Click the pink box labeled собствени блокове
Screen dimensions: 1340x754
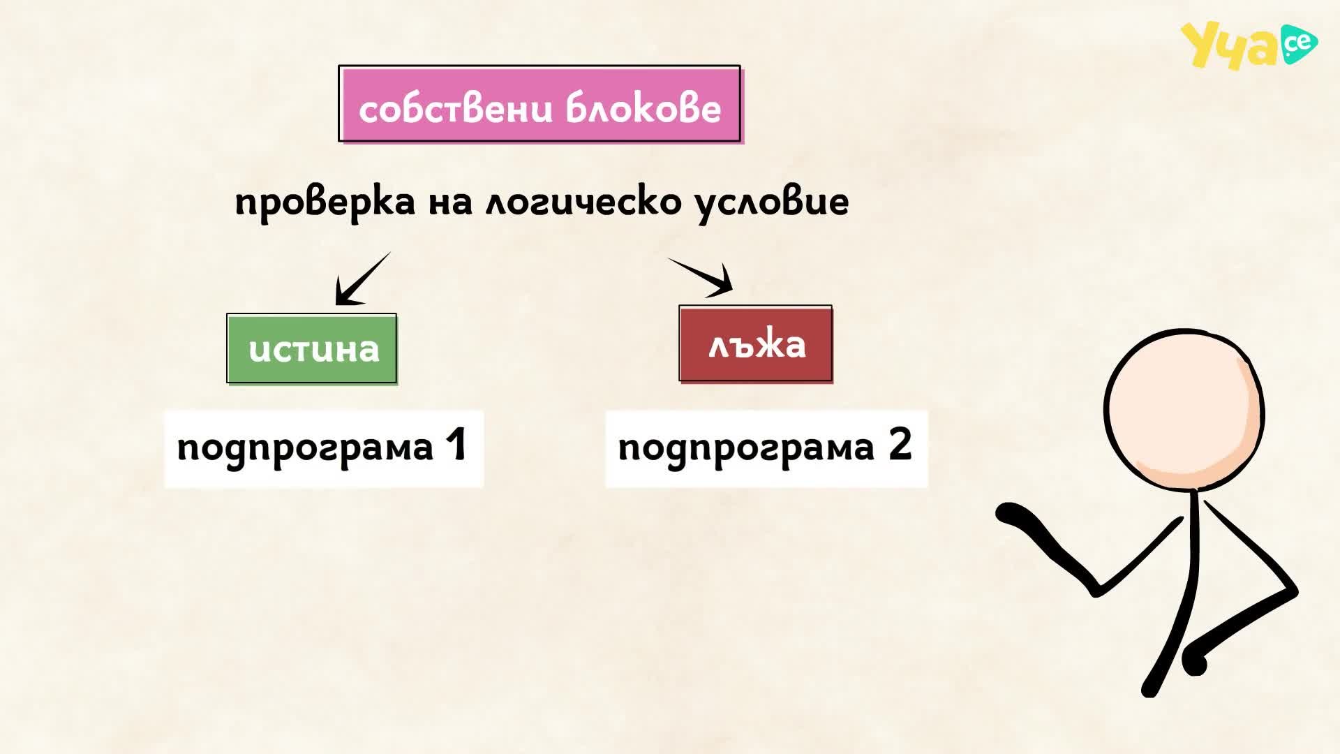coord(539,104)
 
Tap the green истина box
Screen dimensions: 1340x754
coord(312,348)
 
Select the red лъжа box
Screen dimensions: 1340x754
coord(756,343)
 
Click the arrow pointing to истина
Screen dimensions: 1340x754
coord(362,279)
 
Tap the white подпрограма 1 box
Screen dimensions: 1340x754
coord(324,448)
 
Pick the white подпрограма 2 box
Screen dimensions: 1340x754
coord(766,448)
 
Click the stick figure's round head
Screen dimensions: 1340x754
coord(1184,410)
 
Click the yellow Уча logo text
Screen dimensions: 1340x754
coord(1228,46)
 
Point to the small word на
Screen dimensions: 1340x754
coord(451,203)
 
